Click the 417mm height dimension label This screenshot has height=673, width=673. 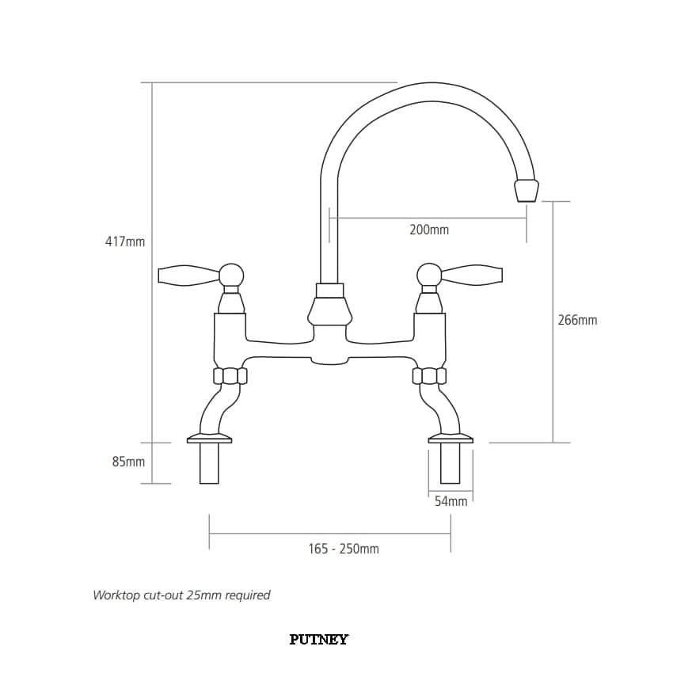(125, 241)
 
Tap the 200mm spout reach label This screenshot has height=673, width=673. (429, 230)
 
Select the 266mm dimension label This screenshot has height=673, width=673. (577, 320)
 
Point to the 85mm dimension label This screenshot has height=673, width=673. (128, 462)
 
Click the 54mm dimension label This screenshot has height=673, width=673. (451, 501)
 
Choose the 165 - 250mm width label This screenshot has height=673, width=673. (344, 549)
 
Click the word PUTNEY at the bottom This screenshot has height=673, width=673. (319, 640)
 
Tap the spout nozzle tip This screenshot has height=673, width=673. (526, 190)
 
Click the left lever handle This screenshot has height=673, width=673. (189, 275)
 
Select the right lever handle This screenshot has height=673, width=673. (471, 275)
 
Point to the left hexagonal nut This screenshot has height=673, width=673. (230, 376)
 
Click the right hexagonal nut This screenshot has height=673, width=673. (429, 376)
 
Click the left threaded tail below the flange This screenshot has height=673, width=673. (210, 463)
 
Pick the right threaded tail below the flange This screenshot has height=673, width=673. (451, 463)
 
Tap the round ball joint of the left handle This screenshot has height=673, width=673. (231, 275)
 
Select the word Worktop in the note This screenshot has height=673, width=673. (112, 595)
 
